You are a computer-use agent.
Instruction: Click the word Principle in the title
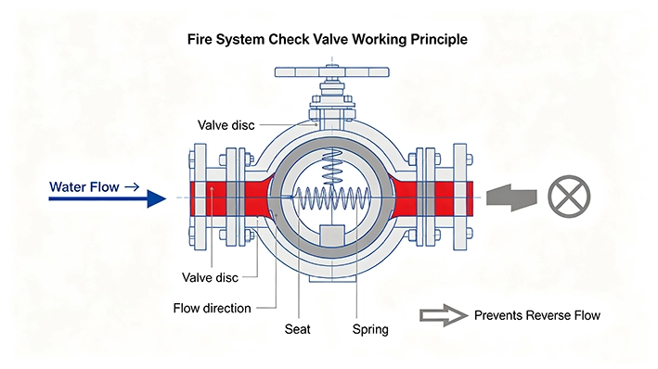439,40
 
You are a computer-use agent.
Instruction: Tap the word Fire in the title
199,40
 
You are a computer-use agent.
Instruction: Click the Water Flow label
84,186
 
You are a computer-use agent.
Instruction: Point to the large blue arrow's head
157,198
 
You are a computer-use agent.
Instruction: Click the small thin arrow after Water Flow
132,187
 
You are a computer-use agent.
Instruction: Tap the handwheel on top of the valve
332,72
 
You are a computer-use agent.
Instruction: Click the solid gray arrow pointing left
511,197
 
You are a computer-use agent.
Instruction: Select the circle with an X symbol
569,197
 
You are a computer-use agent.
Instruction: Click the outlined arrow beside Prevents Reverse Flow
444,315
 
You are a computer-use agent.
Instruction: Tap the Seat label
298,329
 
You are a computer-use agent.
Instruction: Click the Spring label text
370,329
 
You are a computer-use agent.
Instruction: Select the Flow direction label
212,308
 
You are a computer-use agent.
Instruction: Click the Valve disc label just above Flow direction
210,277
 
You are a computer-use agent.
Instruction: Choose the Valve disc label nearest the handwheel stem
226,125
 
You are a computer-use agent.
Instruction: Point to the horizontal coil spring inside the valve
333,197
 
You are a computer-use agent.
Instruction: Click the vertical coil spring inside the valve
332,167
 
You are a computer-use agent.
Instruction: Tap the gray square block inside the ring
332,235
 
